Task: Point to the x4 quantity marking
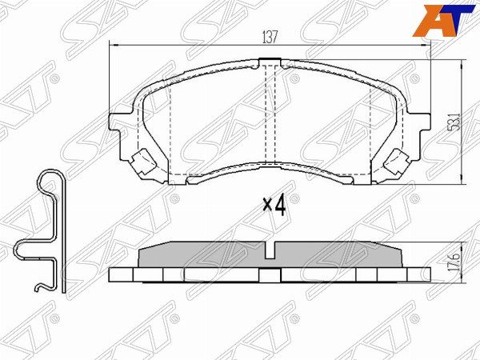click(274, 206)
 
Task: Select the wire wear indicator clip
click(44, 232)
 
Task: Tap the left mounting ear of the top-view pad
click(120, 124)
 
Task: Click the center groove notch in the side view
click(271, 253)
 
